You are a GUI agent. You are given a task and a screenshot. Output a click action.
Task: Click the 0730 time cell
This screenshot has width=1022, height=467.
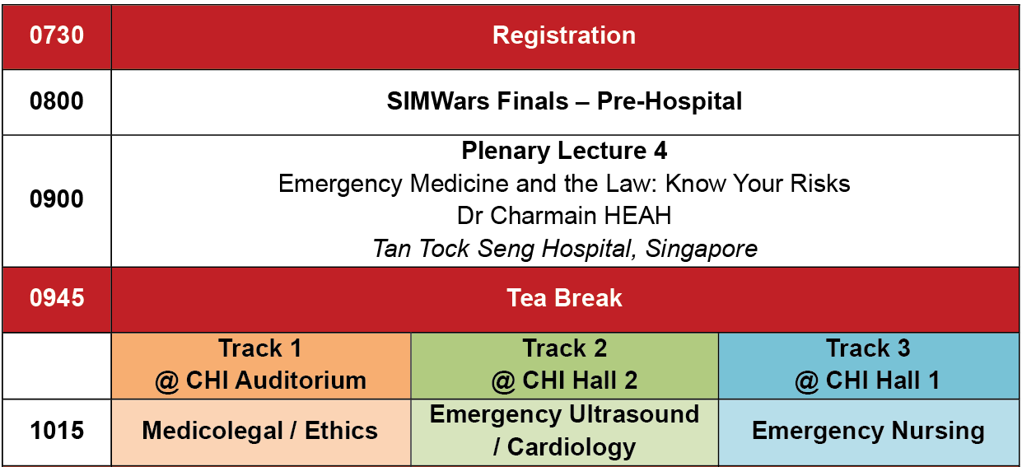pos(57,36)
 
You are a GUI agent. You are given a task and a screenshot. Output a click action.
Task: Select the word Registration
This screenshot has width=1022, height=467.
pos(564,35)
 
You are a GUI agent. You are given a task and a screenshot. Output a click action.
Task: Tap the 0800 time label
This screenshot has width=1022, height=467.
pos(57,101)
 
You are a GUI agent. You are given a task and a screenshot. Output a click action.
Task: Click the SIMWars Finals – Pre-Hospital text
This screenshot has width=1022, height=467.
pos(564,101)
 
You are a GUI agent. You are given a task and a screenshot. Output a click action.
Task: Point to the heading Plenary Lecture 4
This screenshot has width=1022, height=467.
pos(564,151)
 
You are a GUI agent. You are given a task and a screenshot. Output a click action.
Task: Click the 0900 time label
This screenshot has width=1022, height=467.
pos(57,199)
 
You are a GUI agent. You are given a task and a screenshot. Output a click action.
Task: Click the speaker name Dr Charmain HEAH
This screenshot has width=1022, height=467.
pos(564,216)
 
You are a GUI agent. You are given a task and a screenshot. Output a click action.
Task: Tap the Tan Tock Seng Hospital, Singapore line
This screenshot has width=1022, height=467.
pos(565,249)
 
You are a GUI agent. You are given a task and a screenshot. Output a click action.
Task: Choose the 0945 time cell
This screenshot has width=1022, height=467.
pos(57,300)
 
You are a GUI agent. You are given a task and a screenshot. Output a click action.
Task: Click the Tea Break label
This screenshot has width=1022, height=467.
pos(564,298)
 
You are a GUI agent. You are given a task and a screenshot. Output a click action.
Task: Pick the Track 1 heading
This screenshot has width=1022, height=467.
pos(260,348)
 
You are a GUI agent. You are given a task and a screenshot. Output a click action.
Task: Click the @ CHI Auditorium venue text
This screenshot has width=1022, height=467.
pos(260,381)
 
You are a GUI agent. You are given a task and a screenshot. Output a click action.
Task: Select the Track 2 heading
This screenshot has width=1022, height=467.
pos(564,348)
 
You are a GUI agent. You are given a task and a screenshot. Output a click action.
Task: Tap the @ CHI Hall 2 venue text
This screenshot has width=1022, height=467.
pos(564,381)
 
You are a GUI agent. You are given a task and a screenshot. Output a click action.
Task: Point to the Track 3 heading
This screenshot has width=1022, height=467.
pos(868,348)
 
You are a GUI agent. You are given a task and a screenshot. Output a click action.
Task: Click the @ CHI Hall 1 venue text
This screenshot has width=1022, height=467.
pos(868,381)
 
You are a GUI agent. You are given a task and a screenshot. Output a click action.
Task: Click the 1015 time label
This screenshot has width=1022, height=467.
pos(57,431)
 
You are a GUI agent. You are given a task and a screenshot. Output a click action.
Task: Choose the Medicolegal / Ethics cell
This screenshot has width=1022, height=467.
pos(260,432)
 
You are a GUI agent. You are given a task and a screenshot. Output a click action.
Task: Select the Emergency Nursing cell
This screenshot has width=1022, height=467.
pos(869,432)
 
